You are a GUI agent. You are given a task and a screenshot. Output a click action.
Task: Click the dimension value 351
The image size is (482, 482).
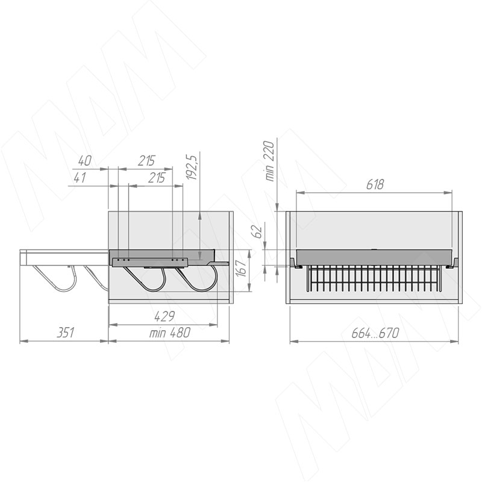tap(66, 333)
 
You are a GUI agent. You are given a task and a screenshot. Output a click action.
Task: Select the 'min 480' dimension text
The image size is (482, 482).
tap(170, 333)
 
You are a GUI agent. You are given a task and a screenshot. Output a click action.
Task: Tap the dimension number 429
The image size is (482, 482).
tap(164, 316)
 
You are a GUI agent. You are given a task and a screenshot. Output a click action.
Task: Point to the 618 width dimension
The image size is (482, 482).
tap(375, 184)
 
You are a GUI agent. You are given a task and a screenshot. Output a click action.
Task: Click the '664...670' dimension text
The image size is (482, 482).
tap(375, 333)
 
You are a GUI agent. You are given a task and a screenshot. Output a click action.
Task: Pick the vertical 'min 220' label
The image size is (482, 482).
tap(269, 161)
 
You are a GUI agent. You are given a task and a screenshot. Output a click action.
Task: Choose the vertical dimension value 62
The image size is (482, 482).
tap(258, 232)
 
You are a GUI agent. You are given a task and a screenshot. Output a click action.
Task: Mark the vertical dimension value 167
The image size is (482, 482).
tap(243, 268)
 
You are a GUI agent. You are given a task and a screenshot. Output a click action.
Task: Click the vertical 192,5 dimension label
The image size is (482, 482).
tap(190, 167)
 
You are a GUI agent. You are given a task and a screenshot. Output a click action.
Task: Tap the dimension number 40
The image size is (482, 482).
tap(84, 161)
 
